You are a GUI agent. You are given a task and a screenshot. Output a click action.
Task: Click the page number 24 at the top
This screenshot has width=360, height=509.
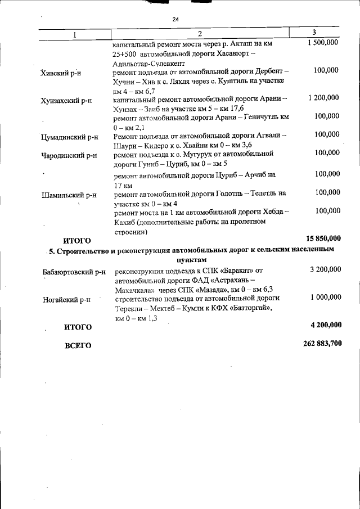click(175, 20)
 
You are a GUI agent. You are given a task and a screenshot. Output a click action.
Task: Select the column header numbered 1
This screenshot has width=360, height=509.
click(75, 35)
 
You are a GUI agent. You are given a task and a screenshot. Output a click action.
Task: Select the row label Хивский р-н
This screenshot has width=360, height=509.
click(61, 74)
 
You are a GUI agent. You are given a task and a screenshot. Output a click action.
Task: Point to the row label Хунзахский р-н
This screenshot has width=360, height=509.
click(66, 101)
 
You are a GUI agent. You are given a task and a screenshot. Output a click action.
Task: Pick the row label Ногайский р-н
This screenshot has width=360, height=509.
click(66, 300)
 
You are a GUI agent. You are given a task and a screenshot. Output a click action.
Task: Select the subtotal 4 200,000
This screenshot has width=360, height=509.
click(323, 325)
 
